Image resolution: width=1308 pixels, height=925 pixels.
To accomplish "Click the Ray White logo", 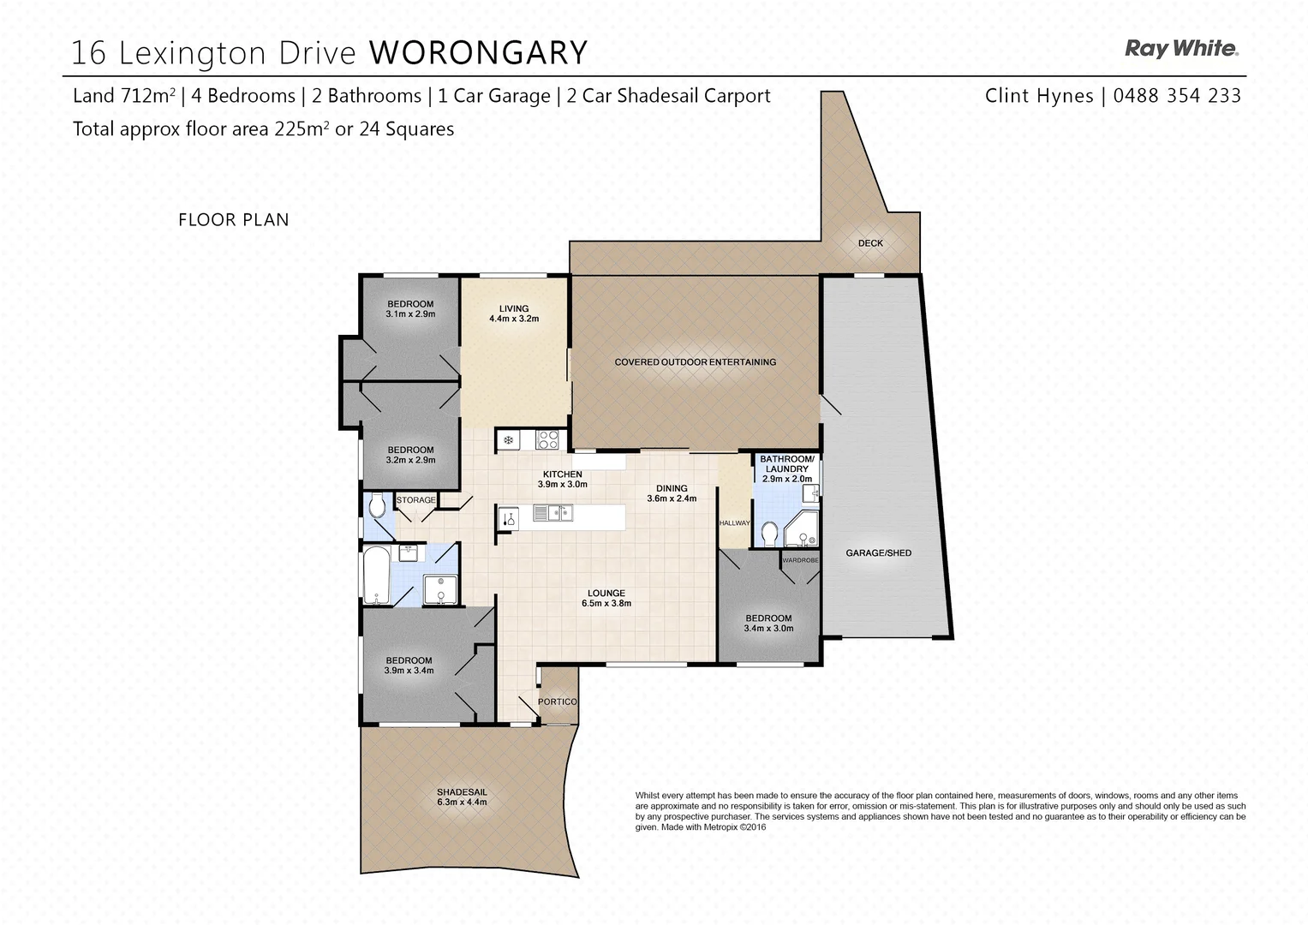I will click(1180, 49).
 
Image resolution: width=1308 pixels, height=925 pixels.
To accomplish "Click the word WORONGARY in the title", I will click(478, 53).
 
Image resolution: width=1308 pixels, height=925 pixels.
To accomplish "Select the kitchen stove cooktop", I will click(547, 440).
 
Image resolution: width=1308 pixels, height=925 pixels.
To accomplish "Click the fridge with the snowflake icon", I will click(508, 440).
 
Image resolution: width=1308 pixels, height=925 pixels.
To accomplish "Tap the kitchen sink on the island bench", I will click(552, 513).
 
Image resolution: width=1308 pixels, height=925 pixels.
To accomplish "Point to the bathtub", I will click(376, 576).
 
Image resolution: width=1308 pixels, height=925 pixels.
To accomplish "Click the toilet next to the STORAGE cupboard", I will click(376, 508).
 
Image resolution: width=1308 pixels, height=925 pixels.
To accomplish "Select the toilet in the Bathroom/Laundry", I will click(768, 534).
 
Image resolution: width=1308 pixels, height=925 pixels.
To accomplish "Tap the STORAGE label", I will click(415, 500).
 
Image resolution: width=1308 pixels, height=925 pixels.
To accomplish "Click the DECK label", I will click(870, 243).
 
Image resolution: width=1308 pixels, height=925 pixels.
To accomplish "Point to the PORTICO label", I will click(557, 702).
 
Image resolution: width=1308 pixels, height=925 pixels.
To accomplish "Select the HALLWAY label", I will click(734, 523).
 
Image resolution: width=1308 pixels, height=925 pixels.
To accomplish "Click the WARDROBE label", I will click(800, 560).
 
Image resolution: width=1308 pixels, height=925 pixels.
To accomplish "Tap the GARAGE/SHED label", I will click(878, 553).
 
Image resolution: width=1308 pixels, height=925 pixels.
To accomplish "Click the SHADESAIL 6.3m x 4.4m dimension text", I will click(462, 803).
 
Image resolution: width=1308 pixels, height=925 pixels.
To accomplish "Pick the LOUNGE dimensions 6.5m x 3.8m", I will click(606, 604).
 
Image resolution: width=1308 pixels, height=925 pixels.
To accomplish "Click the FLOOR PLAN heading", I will click(233, 220).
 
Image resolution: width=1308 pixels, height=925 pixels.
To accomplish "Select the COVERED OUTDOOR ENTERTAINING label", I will click(695, 362).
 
